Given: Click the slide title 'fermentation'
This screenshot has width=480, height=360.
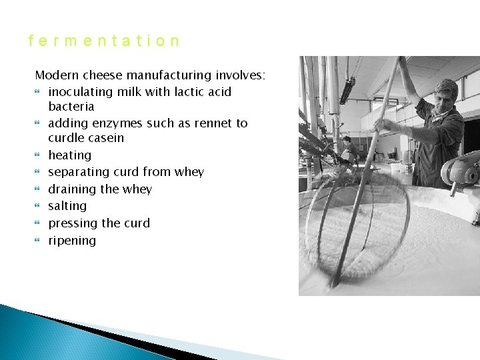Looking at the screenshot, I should click(x=104, y=41).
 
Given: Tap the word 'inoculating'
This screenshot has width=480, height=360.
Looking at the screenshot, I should click(x=81, y=92).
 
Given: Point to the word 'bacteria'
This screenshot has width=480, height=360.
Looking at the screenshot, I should click(x=71, y=107).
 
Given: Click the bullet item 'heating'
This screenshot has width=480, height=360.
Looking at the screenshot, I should click(x=69, y=155).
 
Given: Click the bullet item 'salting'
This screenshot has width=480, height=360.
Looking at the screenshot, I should click(x=67, y=207).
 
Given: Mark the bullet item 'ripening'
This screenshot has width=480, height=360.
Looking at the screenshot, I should click(x=72, y=241).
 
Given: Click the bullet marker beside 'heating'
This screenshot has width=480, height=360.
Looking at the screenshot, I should click(x=38, y=155).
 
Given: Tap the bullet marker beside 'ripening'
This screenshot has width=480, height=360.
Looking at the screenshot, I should click(x=38, y=241).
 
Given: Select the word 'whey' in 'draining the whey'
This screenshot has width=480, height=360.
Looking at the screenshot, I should click(x=137, y=189).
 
